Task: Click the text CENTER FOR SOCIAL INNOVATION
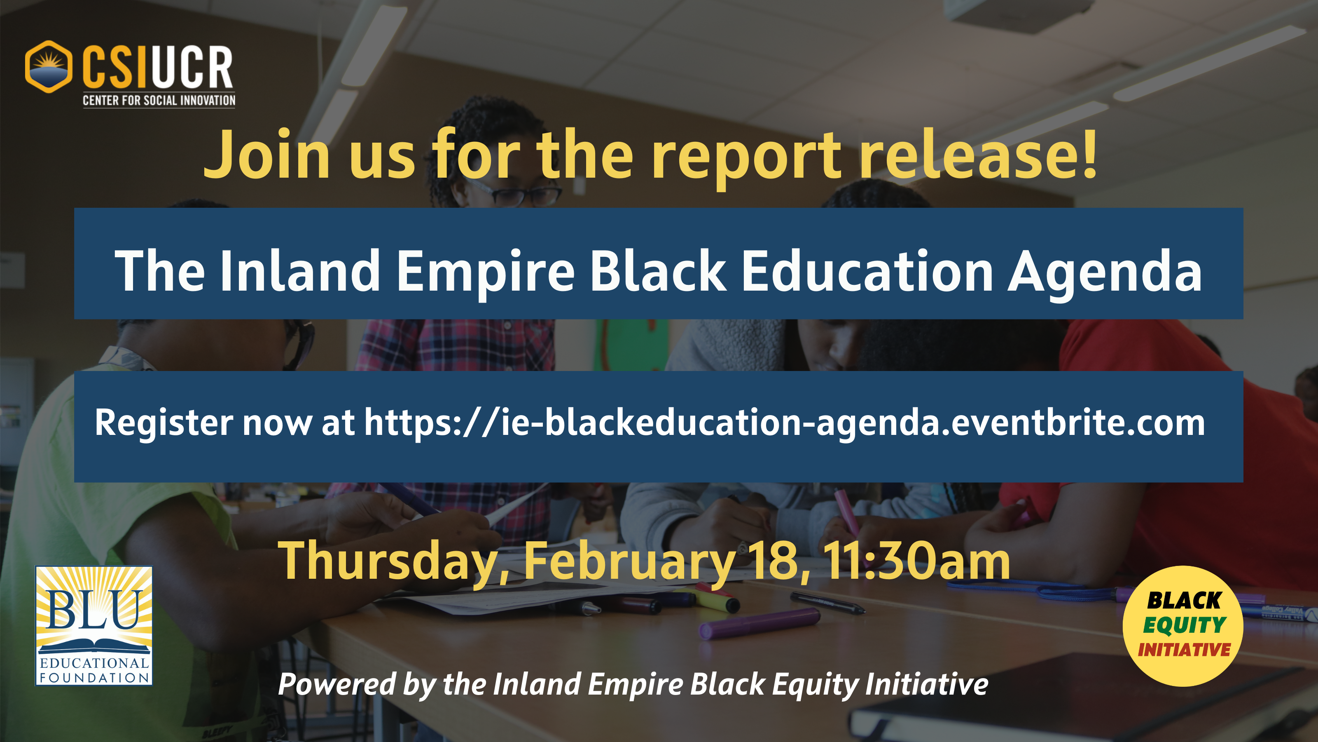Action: pyautogui.click(x=159, y=100)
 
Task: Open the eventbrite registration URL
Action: pyautogui.click(x=784, y=423)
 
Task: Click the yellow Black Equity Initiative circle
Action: pyautogui.click(x=1183, y=626)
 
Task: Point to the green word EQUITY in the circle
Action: pyautogui.click(x=1185, y=625)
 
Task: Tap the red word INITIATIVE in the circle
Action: pyautogui.click(x=1184, y=650)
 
